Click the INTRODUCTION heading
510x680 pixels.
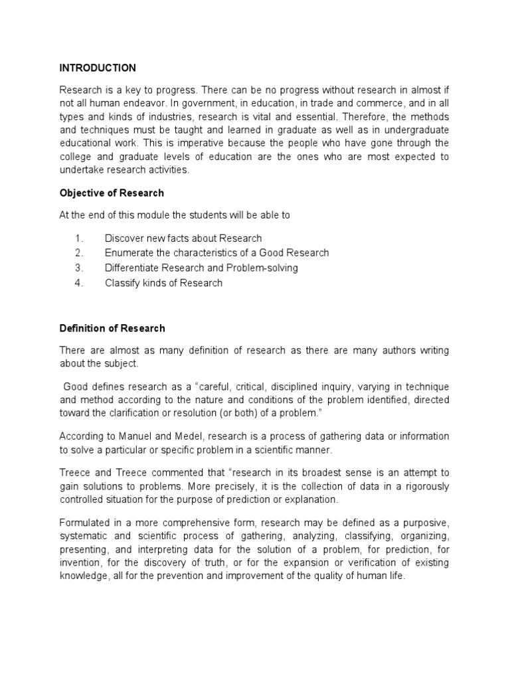(98, 68)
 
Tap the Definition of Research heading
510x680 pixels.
(112, 328)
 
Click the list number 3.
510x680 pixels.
(78, 268)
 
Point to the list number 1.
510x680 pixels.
(78, 238)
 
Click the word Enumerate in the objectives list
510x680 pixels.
(129, 253)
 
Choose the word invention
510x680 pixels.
(82, 563)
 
